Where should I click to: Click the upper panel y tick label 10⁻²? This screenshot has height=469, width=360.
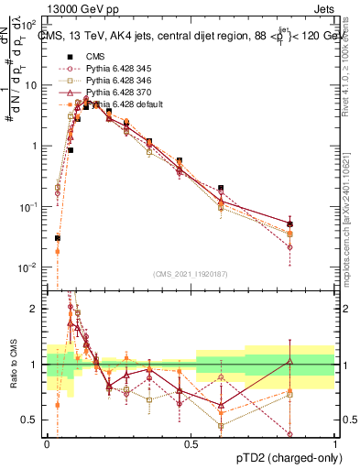point(29,267)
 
